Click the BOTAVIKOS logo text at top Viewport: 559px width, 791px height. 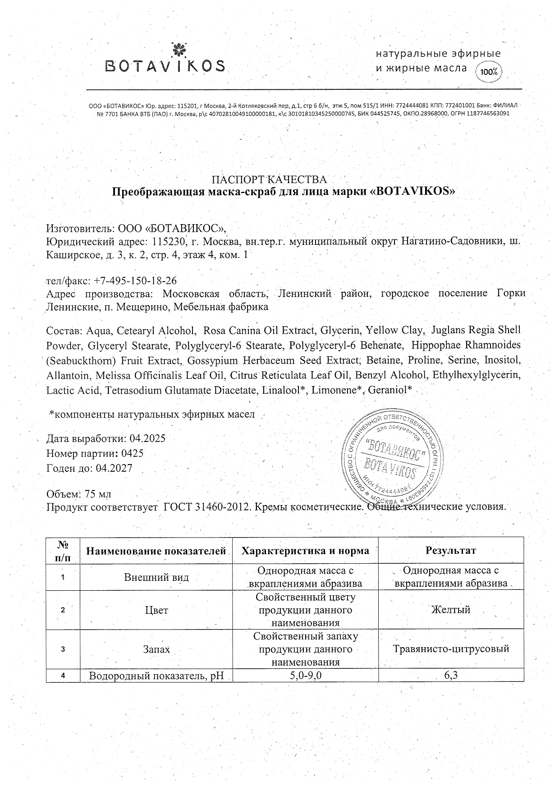point(165,67)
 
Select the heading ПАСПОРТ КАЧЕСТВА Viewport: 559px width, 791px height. point(269,179)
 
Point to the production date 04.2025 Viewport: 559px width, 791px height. point(147,438)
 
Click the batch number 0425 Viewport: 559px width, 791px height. point(133,453)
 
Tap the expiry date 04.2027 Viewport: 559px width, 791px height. point(114,468)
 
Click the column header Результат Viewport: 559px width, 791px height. point(451,550)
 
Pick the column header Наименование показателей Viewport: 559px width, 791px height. point(156,551)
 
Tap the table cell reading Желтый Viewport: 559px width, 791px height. point(451,610)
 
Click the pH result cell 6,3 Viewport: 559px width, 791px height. point(451,675)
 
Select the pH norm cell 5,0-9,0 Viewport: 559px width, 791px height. point(305,675)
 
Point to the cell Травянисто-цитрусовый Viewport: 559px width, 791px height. point(451,649)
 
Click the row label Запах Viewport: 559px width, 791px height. point(156,649)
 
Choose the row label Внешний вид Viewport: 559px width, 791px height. point(156,577)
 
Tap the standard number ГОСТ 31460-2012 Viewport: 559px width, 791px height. point(206,507)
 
